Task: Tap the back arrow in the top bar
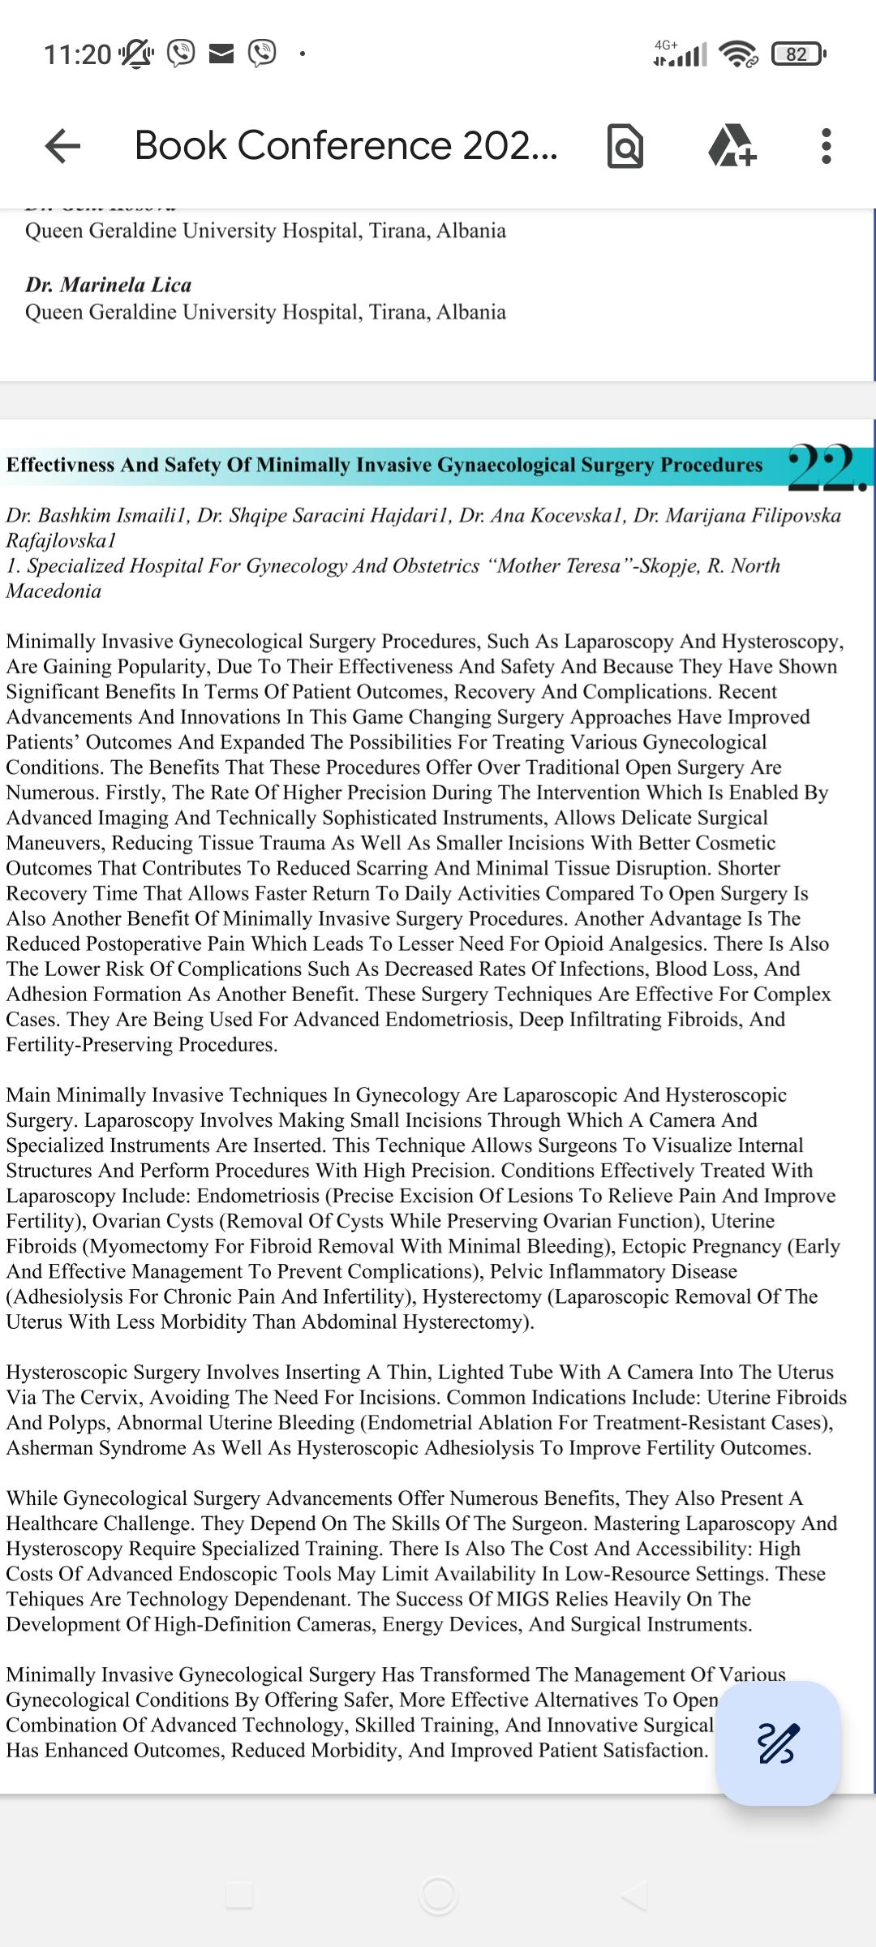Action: point(62,146)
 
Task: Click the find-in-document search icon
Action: point(625,147)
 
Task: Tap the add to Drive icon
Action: point(732,146)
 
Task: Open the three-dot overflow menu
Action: point(826,146)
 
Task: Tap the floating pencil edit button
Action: point(777,1743)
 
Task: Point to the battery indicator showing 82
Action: point(799,54)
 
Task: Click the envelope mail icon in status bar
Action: point(221,54)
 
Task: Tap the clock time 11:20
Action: point(77,54)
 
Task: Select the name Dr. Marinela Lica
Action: point(108,285)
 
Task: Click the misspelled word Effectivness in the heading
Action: point(61,465)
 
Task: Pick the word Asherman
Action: point(49,1448)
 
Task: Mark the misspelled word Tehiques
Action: point(44,1599)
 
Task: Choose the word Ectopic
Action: point(701,1246)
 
